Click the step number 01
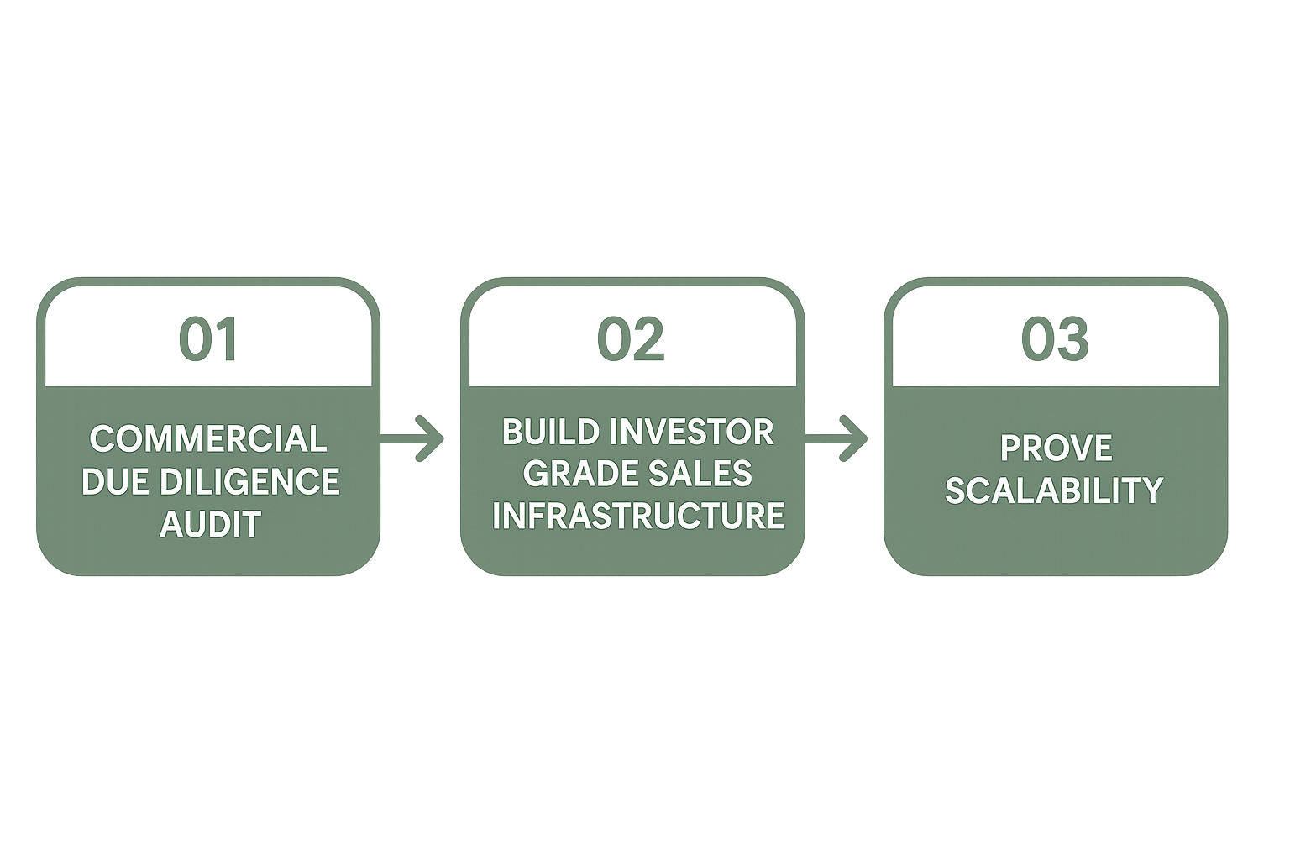pyautogui.click(x=207, y=339)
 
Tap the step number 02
pyautogui.click(x=631, y=339)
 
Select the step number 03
pyautogui.click(x=1055, y=339)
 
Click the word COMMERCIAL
pyautogui.click(x=208, y=439)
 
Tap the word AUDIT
pyautogui.click(x=210, y=524)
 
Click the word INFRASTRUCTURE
pyautogui.click(x=638, y=516)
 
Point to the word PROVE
pyautogui.click(x=1056, y=448)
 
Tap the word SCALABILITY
pyautogui.click(x=1054, y=490)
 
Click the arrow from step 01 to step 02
pyautogui.click(x=415, y=437)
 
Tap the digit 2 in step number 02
pyautogui.click(x=648, y=339)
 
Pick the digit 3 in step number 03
pyautogui.click(x=1072, y=339)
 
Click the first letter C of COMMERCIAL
pyautogui.click(x=102, y=439)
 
